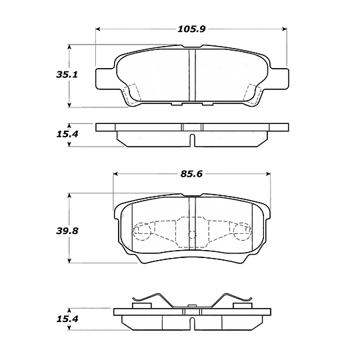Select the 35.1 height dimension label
click(45, 75)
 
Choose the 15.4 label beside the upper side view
click(45, 134)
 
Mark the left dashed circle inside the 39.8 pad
click(141, 233)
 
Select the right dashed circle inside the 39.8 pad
click(242, 233)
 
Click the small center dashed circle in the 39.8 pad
click(192, 233)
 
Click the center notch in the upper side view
click(192, 139)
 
